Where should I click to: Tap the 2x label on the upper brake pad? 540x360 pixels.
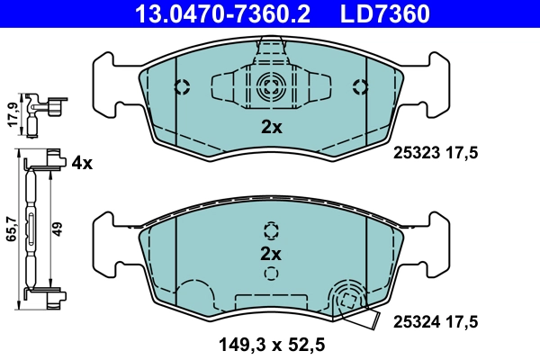tap(271, 127)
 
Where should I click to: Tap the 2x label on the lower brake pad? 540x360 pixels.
tap(271, 252)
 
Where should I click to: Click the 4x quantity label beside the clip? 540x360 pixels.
tap(82, 163)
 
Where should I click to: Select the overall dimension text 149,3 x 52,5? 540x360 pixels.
tap(270, 342)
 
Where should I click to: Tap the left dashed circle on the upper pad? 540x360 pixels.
tap(181, 87)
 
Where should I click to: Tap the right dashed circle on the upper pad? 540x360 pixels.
tap(361, 87)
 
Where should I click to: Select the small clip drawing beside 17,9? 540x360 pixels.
tap(40, 111)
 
